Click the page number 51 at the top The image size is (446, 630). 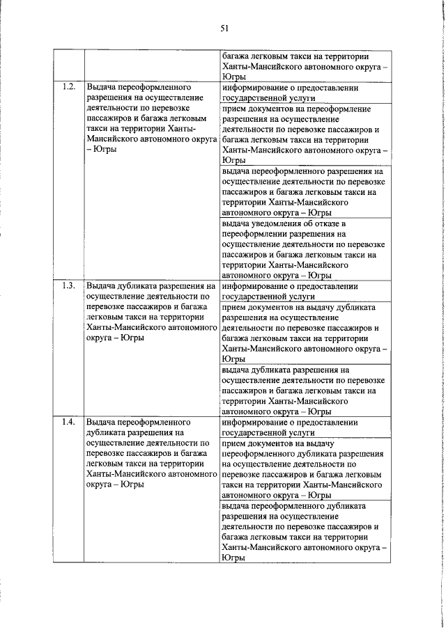click(224, 28)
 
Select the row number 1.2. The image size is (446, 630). click(68, 88)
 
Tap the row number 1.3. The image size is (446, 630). click(68, 286)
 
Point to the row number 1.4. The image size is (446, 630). click(68, 423)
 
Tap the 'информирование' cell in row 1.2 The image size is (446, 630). click(304, 93)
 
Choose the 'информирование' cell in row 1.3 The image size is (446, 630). click(304, 291)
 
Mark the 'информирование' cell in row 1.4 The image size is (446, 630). click(304, 427)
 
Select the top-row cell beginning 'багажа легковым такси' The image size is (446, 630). click(304, 67)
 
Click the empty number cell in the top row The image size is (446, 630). click(68, 67)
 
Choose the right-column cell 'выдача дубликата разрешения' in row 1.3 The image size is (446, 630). click(304, 391)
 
